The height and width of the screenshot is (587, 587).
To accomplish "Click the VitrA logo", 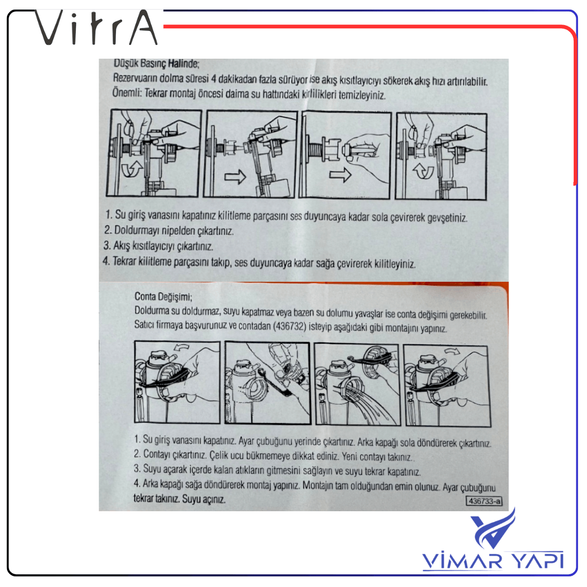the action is point(96,27).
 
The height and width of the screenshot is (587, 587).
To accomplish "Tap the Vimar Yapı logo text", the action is point(493,560).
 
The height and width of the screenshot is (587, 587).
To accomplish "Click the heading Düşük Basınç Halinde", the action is point(156,64).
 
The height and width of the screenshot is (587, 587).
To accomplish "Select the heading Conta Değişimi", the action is point(163,297).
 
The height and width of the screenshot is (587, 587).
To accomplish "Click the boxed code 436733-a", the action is point(484,501).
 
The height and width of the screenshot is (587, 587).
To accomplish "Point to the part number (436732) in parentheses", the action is point(290,326).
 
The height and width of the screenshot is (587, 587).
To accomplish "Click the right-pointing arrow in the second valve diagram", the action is point(235,176).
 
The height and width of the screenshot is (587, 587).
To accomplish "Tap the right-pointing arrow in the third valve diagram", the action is point(340,174).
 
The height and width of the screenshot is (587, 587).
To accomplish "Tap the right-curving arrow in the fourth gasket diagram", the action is point(452,351).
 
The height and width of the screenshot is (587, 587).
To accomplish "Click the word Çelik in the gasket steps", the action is point(218,455).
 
